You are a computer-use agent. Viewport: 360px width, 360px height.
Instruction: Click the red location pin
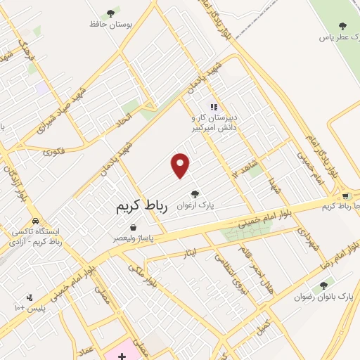(x=181, y=165)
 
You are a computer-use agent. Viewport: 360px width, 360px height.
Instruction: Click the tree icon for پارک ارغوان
(x=195, y=193)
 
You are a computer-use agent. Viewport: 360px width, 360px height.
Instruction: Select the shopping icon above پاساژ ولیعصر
(x=133, y=227)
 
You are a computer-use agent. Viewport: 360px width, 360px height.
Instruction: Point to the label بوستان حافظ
(x=109, y=24)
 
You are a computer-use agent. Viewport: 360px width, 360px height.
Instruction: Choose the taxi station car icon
(x=34, y=219)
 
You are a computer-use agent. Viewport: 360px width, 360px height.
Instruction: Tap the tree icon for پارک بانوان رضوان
(x=323, y=285)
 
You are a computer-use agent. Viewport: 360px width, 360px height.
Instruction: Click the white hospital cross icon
(x=122, y=349)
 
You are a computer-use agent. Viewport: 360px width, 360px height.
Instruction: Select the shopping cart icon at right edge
(x=345, y=196)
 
